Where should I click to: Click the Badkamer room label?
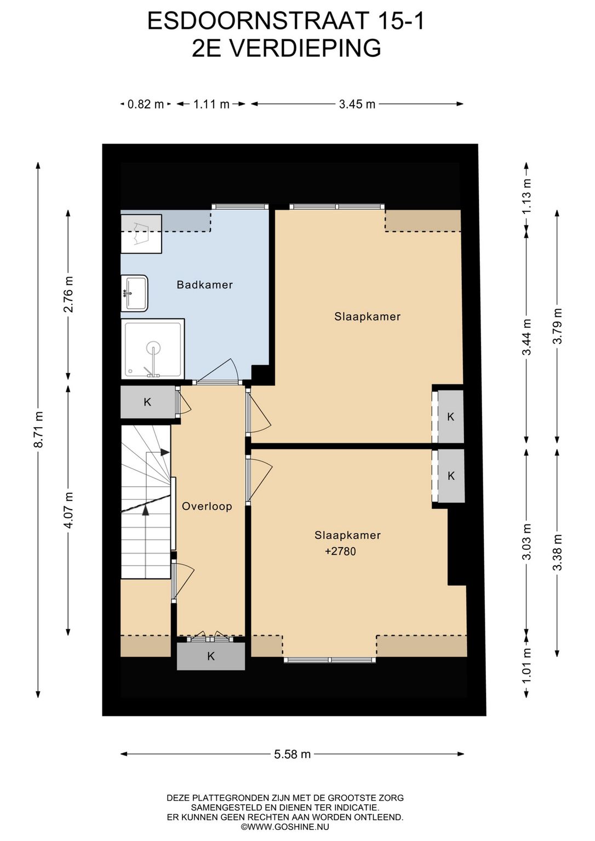[204, 285]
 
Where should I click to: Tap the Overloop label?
[207, 506]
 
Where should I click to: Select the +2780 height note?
[340, 551]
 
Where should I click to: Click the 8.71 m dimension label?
[39, 429]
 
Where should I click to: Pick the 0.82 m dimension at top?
[146, 104]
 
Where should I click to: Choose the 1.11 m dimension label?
[211, 104]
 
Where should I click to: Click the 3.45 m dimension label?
[357, 104]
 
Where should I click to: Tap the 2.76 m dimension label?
[68, 295]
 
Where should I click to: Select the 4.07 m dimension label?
[68, 510]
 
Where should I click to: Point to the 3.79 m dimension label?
[557, 326]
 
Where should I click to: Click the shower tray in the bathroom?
[153, 349]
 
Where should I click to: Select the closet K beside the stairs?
[148, 402]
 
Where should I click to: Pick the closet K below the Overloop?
[211, 656]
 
